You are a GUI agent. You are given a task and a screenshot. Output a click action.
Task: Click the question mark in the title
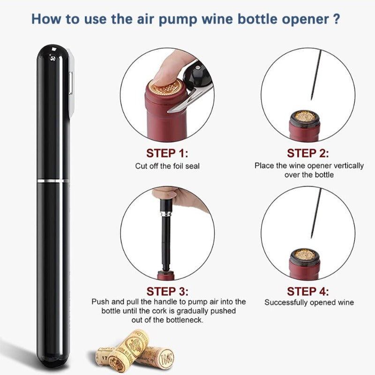click(x=335, y=20)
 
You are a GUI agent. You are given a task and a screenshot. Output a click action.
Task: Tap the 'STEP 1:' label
click(x=167, y=153)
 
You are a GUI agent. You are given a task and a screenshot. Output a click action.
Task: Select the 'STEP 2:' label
click(x=308, y=153)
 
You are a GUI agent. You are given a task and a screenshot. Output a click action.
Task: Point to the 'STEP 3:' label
click(x=167, y=291)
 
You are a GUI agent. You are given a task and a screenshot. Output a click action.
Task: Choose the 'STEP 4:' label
click(x=308, y=291)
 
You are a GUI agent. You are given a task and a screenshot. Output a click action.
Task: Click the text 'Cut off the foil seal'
click(x=167, y=166)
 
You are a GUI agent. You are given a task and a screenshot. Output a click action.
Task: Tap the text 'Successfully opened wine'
click(x=309, y=303)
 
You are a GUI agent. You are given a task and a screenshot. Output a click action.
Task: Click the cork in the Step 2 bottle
click(x=304, y=117)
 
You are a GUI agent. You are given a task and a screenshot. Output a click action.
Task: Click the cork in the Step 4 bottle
click(x=304, y=255)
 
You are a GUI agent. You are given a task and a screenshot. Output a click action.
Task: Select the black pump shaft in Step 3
click(x=165, y=239)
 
